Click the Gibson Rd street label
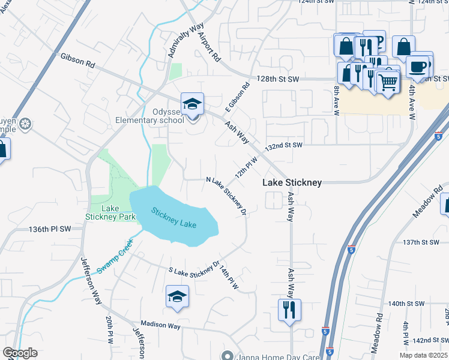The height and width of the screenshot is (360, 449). tap(77, 60)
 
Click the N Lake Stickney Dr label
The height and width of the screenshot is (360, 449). tap(226, 196)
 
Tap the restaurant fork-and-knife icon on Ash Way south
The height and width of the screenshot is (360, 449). tap(289, 310)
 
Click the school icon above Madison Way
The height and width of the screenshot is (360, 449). tap(177, 297)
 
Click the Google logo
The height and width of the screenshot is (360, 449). tap(20, 353)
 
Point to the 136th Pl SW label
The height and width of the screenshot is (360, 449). tap(50, 229)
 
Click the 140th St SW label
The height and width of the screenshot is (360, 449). tap(406, 304)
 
